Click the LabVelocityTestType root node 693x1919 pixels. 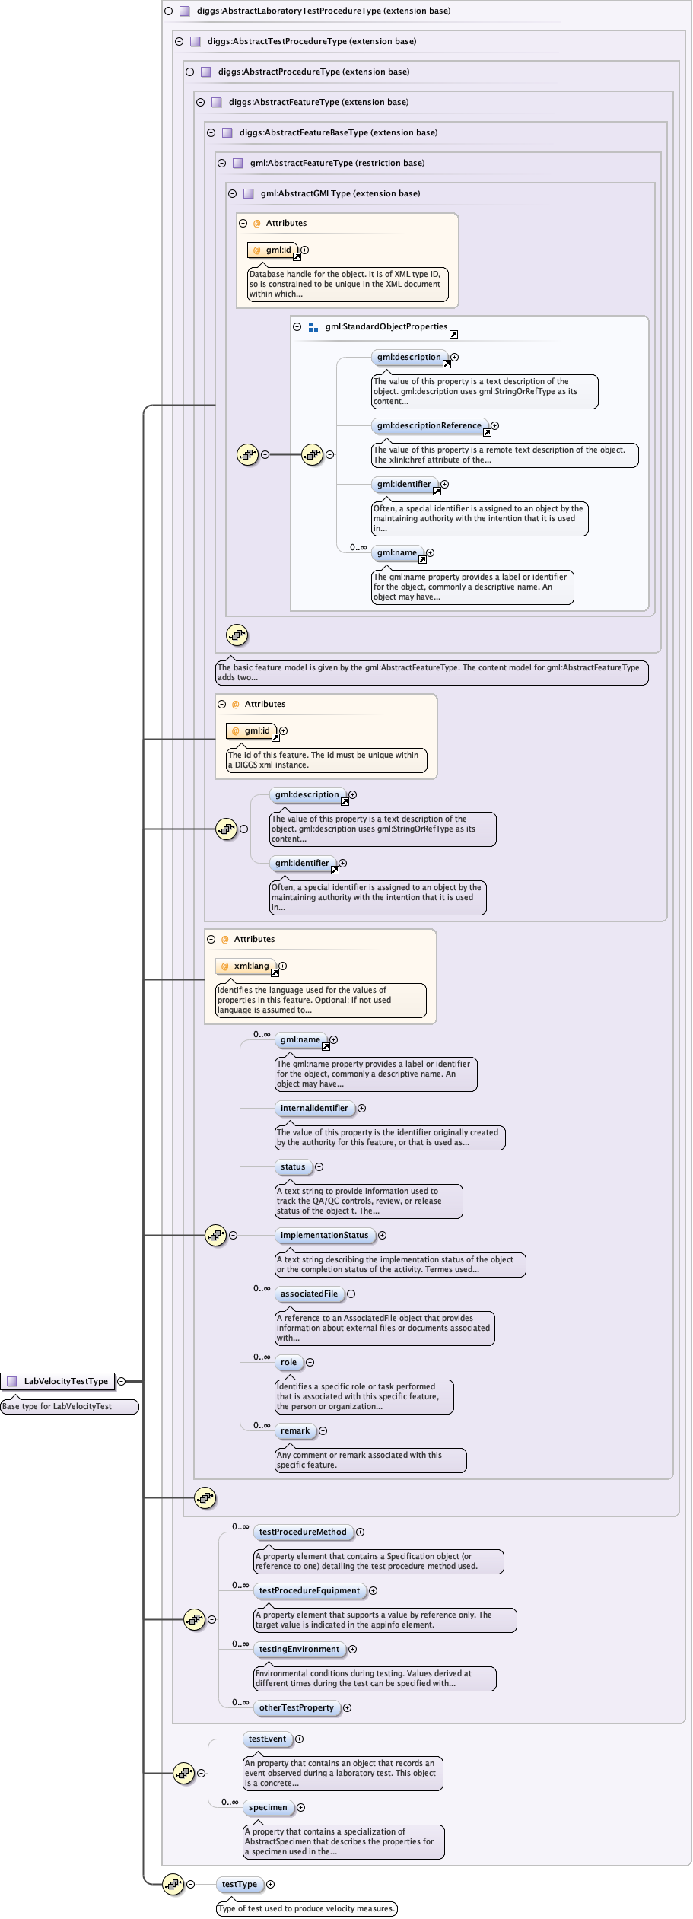(x=65, y=1381)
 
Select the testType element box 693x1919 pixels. (x=240, y=1884)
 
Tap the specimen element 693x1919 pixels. (x=268, y=1807)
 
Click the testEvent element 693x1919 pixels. (x=267, y=1739)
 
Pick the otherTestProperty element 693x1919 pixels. (x=296, y=1707)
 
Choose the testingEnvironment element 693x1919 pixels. (x=299, y=1649)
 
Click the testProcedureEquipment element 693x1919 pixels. (x=309, y=1590)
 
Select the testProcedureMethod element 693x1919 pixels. (x=303, y=1532)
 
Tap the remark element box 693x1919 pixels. (x=295, y=1430)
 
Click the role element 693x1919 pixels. (x=288, y=1362)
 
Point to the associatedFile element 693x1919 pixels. (x=309, y=1294)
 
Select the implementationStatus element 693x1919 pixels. (x=324, y=1235)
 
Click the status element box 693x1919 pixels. (x=293, y=1166)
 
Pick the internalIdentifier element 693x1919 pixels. (x=314, y=1108)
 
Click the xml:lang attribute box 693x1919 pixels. (x=247, y=966)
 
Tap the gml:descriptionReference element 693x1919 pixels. (x=429, y=426)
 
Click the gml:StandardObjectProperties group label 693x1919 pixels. (x=386, y=327)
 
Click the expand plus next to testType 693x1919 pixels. (x=270, y=1884)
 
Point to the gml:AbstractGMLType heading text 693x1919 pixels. (x=340, y=193)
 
